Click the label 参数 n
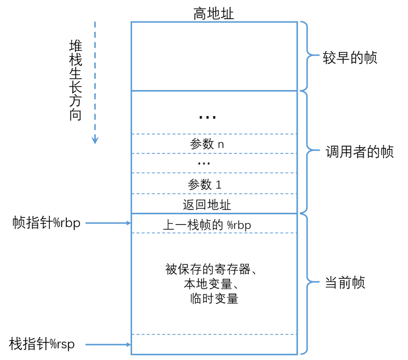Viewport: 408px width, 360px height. [x=207, y=144]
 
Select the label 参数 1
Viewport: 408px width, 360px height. [x=205, y=185]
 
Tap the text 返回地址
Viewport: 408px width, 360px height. [x=207, y=204]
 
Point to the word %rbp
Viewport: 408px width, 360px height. [x=239, y=225]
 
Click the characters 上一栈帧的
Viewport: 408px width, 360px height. [x=193, y=225]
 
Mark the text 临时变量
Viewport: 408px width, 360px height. [x=214, y=299]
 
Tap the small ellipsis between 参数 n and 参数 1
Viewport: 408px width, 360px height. [x=204, y=164]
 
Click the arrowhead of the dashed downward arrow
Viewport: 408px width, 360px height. [x=95, y=140]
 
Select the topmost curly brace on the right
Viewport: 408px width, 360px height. [x=309, y=55]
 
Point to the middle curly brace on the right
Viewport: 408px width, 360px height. [x=309, y=151]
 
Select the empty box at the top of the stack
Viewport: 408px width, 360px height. [x=214, y=56]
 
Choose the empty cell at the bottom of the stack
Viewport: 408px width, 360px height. [x=214, y=345]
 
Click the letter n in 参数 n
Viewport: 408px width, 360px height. [x=221, y=144]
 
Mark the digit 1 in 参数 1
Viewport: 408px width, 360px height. [x=218, y=185]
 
